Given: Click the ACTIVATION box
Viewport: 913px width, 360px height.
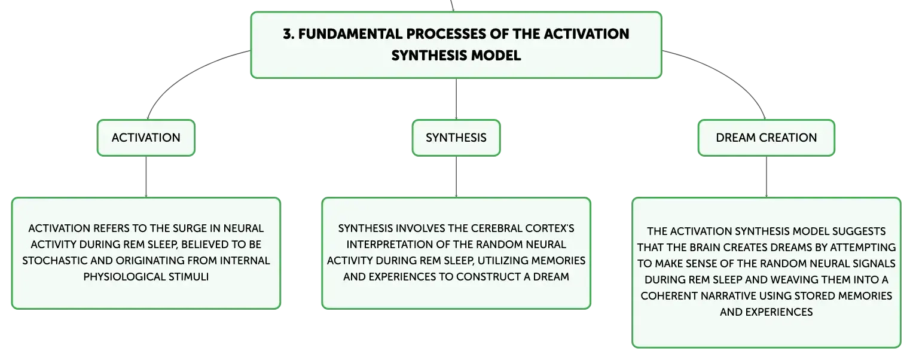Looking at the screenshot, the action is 146,138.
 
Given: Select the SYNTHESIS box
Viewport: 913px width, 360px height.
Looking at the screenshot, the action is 456,138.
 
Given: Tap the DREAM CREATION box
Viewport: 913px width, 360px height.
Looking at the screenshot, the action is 767,138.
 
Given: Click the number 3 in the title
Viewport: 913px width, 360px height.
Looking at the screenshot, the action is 288,34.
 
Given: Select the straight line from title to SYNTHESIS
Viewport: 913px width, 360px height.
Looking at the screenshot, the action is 456,99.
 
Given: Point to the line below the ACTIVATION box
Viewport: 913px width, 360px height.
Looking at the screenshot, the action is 146,177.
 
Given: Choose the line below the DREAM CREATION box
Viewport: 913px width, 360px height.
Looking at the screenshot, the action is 767,177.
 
